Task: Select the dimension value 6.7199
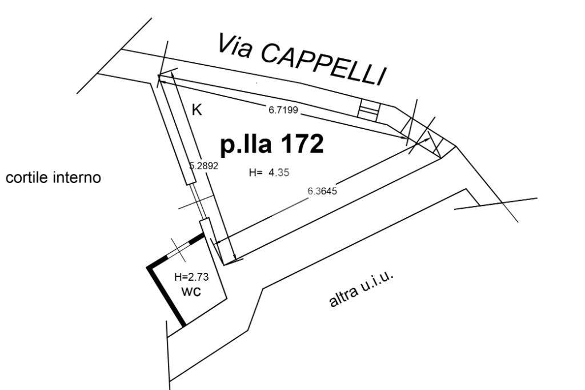coord(283,110)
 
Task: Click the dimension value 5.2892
coord(204,166)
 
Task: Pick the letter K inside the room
coord(197,110)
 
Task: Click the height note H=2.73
coord(191,277)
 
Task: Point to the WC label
coord(191,291)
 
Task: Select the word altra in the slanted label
coord(343,296)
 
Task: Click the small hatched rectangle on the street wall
coord(368,109)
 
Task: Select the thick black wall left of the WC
coord(165,295)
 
